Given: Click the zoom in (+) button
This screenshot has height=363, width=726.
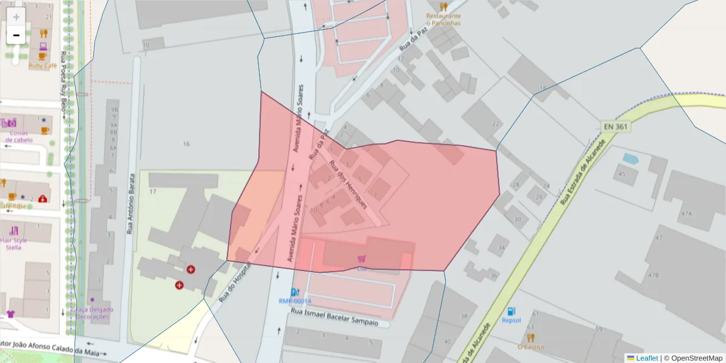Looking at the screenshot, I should click(x=16, y=17).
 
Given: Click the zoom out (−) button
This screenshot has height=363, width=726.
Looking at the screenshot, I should click(x=16, y=35).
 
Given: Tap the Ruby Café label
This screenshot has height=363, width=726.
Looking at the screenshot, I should click(x=42, y=65).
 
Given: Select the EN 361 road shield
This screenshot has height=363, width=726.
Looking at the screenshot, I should click(x=616, y=127).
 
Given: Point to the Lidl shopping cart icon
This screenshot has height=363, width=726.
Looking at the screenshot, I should click(x=362, y=258).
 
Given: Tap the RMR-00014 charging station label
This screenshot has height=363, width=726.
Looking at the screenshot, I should click(x=295, y=301).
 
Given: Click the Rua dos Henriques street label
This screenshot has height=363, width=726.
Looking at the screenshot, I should click(x=348, y=185).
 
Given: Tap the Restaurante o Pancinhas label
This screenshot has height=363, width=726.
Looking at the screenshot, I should click(x=443, y=19).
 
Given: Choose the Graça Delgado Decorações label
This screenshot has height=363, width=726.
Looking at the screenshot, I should click(x=91, y=313).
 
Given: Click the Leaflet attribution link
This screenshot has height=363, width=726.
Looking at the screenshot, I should click(x=647, y=358).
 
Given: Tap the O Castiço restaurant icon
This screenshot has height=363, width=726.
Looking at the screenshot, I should click(x=531, y=337).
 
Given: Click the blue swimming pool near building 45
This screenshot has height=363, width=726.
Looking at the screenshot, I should click(x=630, y=159).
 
